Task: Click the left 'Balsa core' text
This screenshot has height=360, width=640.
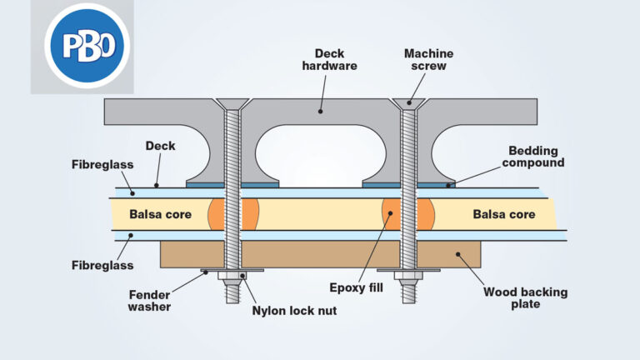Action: pos(160,214)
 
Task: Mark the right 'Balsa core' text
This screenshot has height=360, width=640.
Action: pos(504,214)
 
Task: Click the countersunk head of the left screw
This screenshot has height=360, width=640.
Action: pos(232,104)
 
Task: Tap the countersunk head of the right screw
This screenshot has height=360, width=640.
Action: pos(407,104)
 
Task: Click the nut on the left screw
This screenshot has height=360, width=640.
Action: pos(232,277)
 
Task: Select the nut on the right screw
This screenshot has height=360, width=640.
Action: pos(407,277)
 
